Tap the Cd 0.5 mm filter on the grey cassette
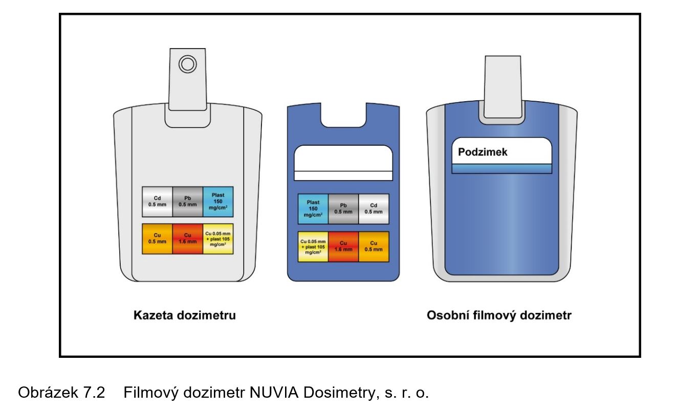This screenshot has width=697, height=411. pyautogui.click(x=158, y=201)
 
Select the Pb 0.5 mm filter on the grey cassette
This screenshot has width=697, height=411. pyautogui.click(x=187, y=201)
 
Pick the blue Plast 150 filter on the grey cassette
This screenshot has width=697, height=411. pyautogui.click(x=218, y=201)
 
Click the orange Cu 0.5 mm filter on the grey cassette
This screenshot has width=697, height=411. pyautogui.click(x=158, y=239)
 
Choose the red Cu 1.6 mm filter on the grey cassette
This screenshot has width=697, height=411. pyautogui.click(x=187, y=239)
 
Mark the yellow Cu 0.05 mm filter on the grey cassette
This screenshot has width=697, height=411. pyautogui.click(x=218, y=239)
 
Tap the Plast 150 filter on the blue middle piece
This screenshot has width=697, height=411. pyautogui.click(x=313, y=209)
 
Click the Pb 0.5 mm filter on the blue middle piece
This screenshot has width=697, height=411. pyautogui.click(x=343, y=209)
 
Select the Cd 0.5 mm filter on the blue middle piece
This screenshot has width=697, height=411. pyautogui.click(x=374, y=209)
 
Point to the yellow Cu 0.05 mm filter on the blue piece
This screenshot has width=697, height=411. pyautogui.click(x=313, y=246)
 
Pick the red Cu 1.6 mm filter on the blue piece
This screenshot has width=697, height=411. pyautogui.click(x=343, y=246)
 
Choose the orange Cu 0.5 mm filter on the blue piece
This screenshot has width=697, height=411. pyautogui.click(x=374, y=246)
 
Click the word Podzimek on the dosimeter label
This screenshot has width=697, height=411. pyautogui.click(x=483, y=152)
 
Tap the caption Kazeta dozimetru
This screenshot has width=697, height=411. pyautogui.click(x=185, y=315)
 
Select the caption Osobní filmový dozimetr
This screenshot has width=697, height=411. pyautogui.click(x=499, y=315)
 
